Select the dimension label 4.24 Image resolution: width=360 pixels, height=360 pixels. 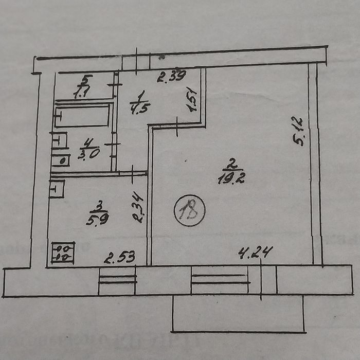click(x=256, y=252)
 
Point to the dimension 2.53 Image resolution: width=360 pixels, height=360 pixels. click(x=119, y=257)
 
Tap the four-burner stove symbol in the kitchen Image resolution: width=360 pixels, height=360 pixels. click(x=63, y=253)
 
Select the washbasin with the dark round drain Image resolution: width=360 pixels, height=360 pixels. click(x=61, y=160)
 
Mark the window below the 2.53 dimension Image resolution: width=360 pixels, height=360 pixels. click(x=117, y=281)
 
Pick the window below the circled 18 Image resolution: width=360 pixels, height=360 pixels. click(x=219, y=280)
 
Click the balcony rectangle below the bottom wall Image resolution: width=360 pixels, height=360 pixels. click(x=238, y=313)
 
